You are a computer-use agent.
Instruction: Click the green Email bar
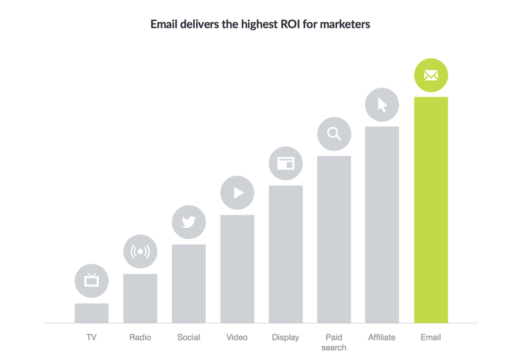click(x=430, y=210)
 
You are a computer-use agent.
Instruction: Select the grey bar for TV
click(x=92, y=313)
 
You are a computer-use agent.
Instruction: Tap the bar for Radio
click(x=140, y=298)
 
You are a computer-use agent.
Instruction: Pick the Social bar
click(x=188, y=284)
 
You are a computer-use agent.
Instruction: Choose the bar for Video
click(x=237, y=269)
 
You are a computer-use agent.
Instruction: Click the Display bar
click(x=286, y=254)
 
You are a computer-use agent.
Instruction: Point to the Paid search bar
click(x=334, y=239)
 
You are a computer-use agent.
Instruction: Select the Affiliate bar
click(x=382, y=224)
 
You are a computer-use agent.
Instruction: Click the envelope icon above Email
click(x=430, y=76)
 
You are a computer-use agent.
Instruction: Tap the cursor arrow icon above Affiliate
click(x=382, y=105)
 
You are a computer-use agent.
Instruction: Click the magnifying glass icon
click(x=334, y=134)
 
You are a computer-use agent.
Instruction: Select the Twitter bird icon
click(x=188, y=222)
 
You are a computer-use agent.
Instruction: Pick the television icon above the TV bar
click(x=92, y=281)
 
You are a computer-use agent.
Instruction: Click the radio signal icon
click(x=140, y=252)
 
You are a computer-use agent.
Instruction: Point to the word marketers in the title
click(x=345, y=24)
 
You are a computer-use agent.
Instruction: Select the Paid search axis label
click(x=334, y=342)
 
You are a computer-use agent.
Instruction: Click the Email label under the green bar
click(x=430, y=337)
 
